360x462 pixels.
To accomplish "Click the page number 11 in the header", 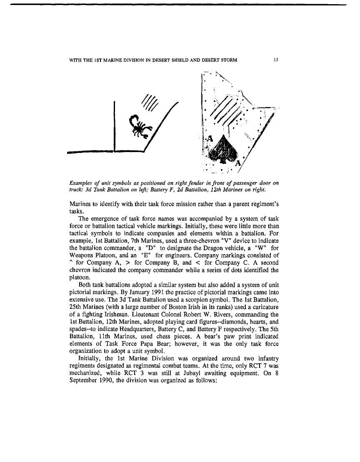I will coord(275,60).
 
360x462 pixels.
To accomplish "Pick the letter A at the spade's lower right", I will coord(239,163).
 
